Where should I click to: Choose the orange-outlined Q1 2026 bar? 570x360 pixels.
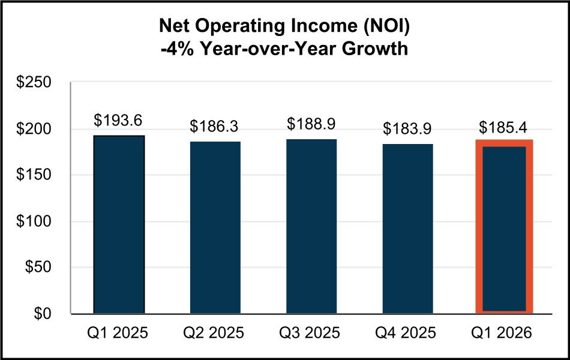pos(504,227)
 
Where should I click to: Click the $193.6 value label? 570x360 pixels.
pos(118,121)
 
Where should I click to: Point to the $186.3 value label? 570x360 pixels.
pos(215,127)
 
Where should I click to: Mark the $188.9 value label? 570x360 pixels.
pos(311,124)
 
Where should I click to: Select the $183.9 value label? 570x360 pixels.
pos(407,128)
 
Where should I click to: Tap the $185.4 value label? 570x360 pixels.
pos(504,128)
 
